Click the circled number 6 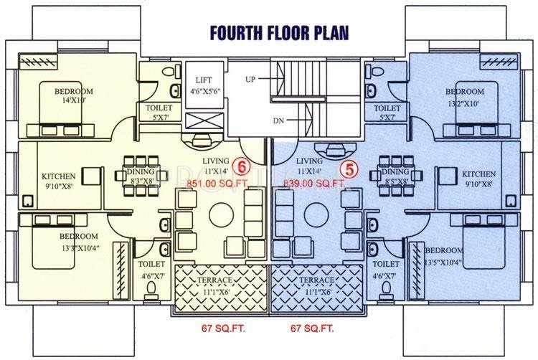(x=242, y=166)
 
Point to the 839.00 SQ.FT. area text (x=315, y=184)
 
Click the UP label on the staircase (x=250, y=77)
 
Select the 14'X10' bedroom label (x=73, y=97)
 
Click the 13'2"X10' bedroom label (x=464, y=97)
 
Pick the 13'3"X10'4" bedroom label (x=78, y=242)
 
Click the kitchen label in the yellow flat (x=57, y=181)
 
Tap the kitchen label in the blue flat (x=478, y=179)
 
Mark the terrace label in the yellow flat (x=221, y=285)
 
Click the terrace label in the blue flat (x=318, y=285)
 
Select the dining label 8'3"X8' (x=141, y=176)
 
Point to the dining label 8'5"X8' (x=395, y=176)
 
